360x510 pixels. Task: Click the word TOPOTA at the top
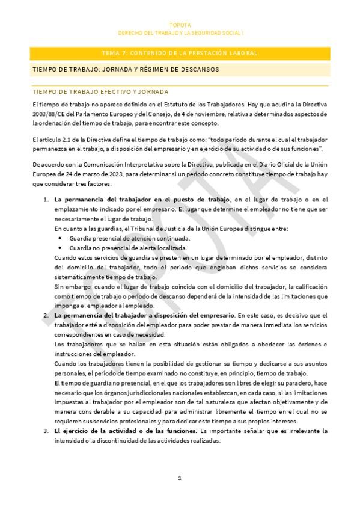coord(180,25)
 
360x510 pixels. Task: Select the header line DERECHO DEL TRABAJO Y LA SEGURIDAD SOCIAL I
coord(180,33)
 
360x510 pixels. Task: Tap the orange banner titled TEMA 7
coord(180,54)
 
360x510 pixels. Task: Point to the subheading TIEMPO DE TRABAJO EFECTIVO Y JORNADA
coord(100,92)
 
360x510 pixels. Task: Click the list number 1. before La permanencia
coord(46,199)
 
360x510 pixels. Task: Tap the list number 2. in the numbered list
coord(46,315)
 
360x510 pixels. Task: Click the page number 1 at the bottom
coord(179,478)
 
